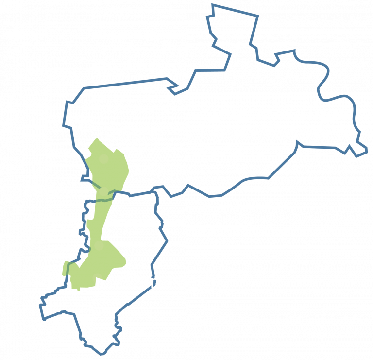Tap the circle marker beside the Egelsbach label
pos(103,191)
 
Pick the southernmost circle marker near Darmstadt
pos(97,278)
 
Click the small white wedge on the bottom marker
pos(99,281)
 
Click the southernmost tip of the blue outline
pos(101,354)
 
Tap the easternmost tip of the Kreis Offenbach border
pos(367,154)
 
